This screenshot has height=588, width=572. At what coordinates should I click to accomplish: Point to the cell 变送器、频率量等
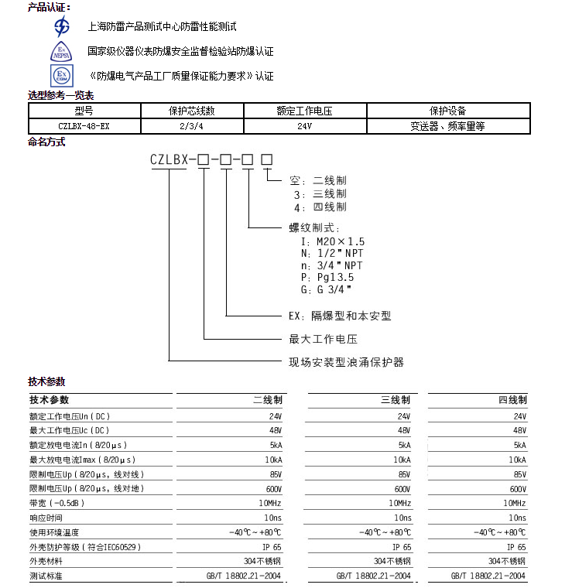tap(448, 126)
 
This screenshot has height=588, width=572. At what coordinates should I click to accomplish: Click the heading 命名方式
tap(46, 142)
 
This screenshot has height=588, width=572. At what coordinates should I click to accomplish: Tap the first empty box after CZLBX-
tap(204, 160)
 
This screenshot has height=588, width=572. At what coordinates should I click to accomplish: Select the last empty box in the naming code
tap(266, 160)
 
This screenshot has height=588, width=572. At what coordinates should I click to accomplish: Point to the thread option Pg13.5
tap(333, 277)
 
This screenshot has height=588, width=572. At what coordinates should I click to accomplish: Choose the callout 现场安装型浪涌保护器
tap(346, 362)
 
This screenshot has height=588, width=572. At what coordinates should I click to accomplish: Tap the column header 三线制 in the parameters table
tap(396, 400)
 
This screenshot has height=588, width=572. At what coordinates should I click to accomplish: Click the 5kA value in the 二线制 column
tap(275, 445)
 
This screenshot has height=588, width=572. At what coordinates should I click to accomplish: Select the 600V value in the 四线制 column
tap(518, 489)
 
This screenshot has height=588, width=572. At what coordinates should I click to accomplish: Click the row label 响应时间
tap(46, 518)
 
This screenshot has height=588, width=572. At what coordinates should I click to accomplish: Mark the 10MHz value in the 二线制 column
tap(271, 503)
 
